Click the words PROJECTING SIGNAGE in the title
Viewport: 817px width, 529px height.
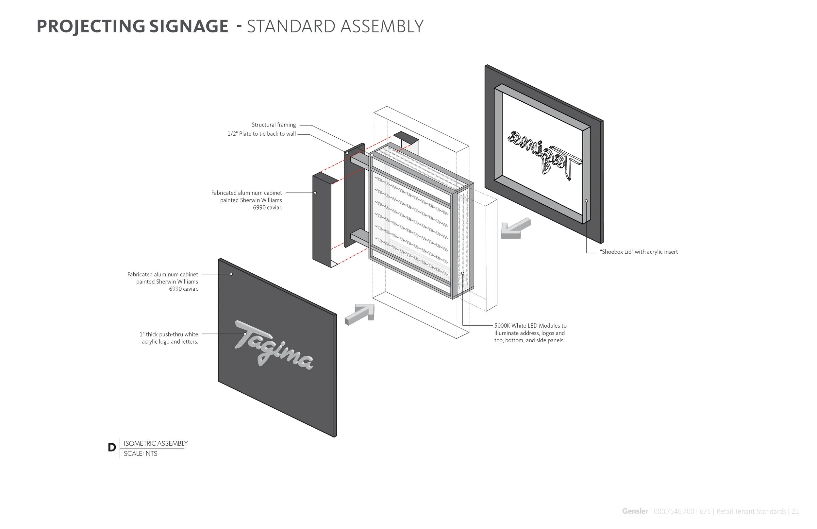click(x=132, y=26)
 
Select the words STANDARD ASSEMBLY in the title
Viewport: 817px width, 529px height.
click(x=335, y=26)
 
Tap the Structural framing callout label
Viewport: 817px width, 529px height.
click(x=274, y=125)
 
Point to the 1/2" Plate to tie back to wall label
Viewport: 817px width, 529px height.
click(x=261, y=134)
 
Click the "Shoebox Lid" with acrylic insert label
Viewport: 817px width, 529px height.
click(x=639, y=252)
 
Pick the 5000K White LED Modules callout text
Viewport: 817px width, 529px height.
click(x=530, y=333)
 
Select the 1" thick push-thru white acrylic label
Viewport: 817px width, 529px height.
click(x=169, y=338)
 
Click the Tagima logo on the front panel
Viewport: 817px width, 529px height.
click(x=274, y=345)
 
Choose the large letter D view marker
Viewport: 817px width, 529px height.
click(x=112, y=448)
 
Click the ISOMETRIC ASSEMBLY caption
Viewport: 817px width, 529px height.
click(x=156, y=443)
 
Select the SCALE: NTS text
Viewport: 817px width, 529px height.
click(x=141, y=454)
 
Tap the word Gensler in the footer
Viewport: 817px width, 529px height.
click(x=635, y=511)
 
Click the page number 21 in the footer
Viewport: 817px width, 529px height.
click(x=795, y=511)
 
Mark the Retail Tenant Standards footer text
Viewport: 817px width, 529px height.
click(x=751, y=511)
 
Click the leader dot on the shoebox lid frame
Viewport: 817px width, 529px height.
click(x=586, y=201)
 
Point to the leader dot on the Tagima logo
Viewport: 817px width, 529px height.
click(x=245, y=334)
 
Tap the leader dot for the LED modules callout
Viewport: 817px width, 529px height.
click(x=462, y=273)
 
